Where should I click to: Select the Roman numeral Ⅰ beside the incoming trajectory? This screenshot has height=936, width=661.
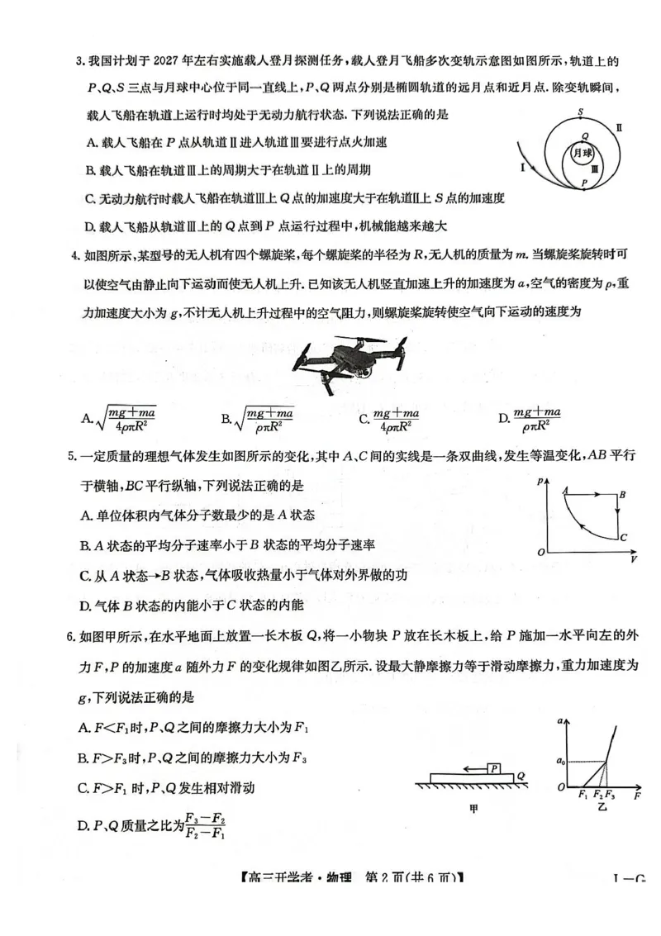point(523,167)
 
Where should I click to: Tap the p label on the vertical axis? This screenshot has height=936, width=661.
point(540,480)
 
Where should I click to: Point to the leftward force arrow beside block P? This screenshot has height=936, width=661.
point(471,769)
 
